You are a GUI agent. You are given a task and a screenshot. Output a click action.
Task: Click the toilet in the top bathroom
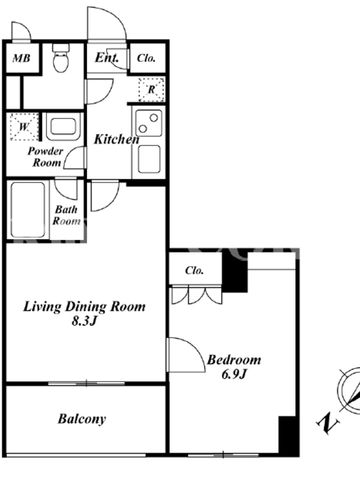tap(61, 58)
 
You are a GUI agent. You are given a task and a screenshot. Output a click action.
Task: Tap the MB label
tap(22, 58)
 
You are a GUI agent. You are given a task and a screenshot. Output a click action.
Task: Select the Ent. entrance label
tap(107, 57)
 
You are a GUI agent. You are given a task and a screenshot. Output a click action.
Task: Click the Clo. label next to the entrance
tap(146, 58)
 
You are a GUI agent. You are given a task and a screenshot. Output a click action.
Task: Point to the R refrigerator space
tap(152, 89)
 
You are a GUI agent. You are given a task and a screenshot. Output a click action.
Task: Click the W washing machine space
tap(24, 127)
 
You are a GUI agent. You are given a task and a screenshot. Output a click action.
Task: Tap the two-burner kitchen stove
tap(149, 123)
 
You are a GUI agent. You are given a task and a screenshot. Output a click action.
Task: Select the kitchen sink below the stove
tap(149, 159)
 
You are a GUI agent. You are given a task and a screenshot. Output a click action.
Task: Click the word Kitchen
tap(116, 139)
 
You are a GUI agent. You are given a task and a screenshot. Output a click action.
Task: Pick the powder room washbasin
tap(64, 127)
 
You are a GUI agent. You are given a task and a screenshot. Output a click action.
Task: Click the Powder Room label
tap(46, 157)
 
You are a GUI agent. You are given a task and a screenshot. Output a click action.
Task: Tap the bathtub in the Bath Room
tap(28, 209)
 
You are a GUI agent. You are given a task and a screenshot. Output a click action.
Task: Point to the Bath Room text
tap(67, 215)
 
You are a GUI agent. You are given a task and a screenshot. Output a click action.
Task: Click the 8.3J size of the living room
tap(84, 321)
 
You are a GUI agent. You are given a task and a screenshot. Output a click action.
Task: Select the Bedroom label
tap(234, 359)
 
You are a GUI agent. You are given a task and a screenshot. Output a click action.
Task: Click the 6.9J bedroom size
tap(234, 374)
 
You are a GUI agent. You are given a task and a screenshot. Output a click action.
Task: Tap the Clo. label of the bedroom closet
tap(194, 271)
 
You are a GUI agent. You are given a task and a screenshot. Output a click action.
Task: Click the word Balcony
tap(82, 419)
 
